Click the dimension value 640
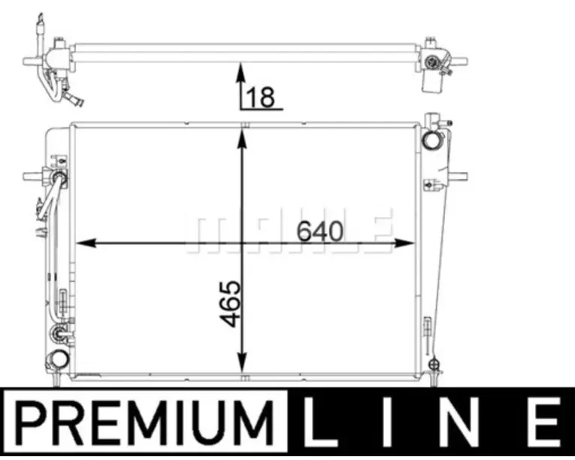point(319,232)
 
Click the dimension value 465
point(231,304)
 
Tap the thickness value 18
point(261,97)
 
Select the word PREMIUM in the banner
point(145,423)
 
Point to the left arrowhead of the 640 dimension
point(86,243)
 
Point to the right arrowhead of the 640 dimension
point(404,243)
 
